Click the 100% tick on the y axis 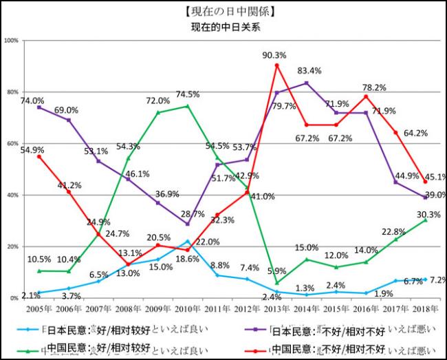11,41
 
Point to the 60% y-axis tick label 12,144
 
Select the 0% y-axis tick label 14,298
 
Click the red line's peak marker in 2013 276,65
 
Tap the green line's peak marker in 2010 187,106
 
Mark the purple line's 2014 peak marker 306,83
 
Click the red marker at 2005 39,156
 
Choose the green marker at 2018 425,220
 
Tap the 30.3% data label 428,214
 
